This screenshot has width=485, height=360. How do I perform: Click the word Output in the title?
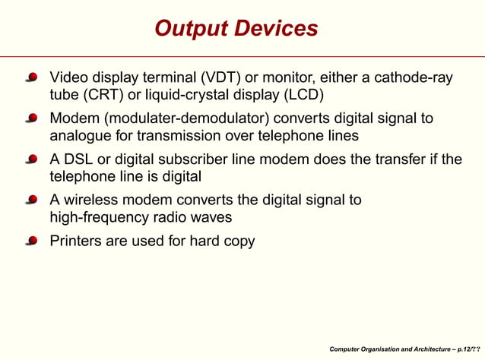pos(189,29)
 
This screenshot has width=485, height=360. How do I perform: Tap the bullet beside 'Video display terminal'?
pos(32,78)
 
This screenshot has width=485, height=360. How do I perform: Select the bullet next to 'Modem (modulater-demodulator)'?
pos(32,119)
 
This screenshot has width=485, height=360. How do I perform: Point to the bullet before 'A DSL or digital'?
pos(32,160)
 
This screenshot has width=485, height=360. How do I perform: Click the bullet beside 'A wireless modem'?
pos(32,201)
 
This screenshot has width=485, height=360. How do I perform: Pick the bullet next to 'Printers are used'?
pos(32,242)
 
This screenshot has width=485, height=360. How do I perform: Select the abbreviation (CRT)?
pos(102,95)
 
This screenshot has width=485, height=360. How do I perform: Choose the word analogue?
pos(81,136)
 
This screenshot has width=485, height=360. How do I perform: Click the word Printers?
pos(76,242)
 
